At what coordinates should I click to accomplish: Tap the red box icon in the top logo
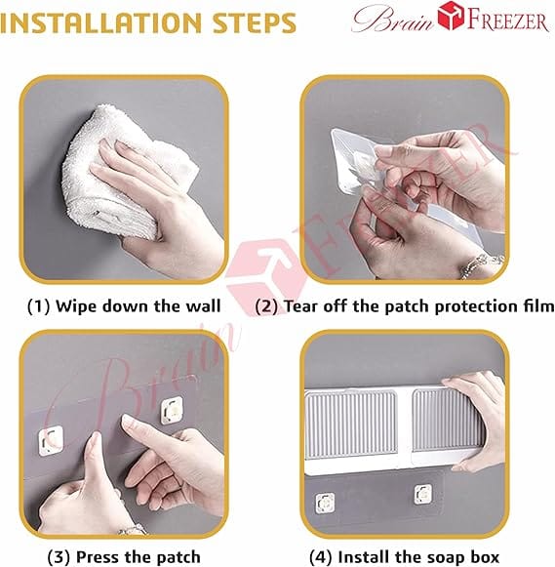coord(451,16)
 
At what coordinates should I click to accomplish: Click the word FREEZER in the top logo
coord(507,20)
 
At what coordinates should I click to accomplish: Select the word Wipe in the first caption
coord(75,306)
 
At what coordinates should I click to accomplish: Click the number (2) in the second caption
coord(266,306)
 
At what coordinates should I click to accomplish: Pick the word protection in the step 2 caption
coord(477,307)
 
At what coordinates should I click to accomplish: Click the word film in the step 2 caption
coord(538,305)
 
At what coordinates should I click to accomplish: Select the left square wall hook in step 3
coord(51,440)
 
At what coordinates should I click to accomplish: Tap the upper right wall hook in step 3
coord(172,411)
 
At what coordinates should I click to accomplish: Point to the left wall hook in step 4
coord(325,503)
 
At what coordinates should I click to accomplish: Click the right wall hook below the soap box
coord(422,494)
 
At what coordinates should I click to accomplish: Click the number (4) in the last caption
coord(321,557)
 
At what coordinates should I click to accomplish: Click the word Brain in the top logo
coord(393,19)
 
